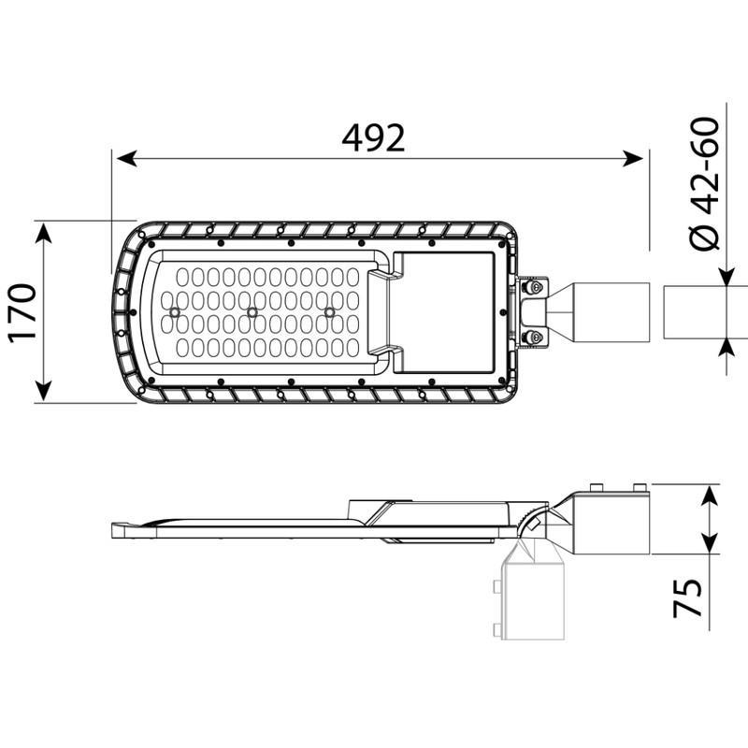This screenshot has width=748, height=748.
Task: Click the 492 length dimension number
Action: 373,137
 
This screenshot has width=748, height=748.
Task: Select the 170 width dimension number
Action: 20,312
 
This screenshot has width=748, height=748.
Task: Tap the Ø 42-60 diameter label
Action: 704,184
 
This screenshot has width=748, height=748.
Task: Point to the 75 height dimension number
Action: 688,598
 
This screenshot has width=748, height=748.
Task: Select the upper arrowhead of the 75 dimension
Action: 711,494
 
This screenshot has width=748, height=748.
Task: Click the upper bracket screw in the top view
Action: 536,288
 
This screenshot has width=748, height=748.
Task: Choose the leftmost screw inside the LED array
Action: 175,311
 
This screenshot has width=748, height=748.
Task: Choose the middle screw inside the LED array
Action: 252,311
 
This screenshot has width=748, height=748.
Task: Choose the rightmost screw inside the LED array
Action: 329,311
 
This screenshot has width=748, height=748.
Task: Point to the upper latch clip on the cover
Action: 384,274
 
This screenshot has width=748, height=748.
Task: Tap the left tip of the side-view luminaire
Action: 114,529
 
